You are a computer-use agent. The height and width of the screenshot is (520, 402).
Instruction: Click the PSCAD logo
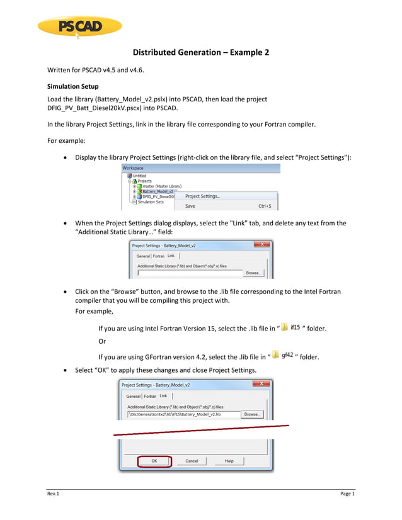[79, 26]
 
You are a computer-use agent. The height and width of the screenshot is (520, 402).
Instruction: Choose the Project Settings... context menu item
[202, 196]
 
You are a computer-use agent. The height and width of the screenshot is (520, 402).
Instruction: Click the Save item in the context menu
[190, 206]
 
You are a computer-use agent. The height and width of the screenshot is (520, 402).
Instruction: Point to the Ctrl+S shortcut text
[265, 206]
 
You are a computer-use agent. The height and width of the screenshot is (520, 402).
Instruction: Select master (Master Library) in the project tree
[161, 186]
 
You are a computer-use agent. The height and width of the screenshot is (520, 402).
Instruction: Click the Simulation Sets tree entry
[151, 201]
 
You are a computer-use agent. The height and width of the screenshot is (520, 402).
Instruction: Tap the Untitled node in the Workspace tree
[140, 176]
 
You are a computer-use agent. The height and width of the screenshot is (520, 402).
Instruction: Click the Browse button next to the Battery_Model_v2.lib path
[252, 414]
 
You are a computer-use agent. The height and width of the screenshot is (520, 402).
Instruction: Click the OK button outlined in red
[154, 461]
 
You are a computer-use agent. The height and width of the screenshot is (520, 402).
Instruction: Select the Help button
[229, 461]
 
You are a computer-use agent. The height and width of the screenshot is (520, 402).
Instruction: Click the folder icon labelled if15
[285, 327]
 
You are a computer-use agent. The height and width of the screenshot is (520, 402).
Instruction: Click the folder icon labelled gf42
[276, 355]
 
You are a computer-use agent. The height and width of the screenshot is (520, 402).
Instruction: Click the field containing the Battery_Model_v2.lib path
[183, 414]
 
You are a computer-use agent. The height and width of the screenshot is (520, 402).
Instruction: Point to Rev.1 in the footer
[53, 494]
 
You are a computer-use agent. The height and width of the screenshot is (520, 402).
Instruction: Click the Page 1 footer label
[347, 494]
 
